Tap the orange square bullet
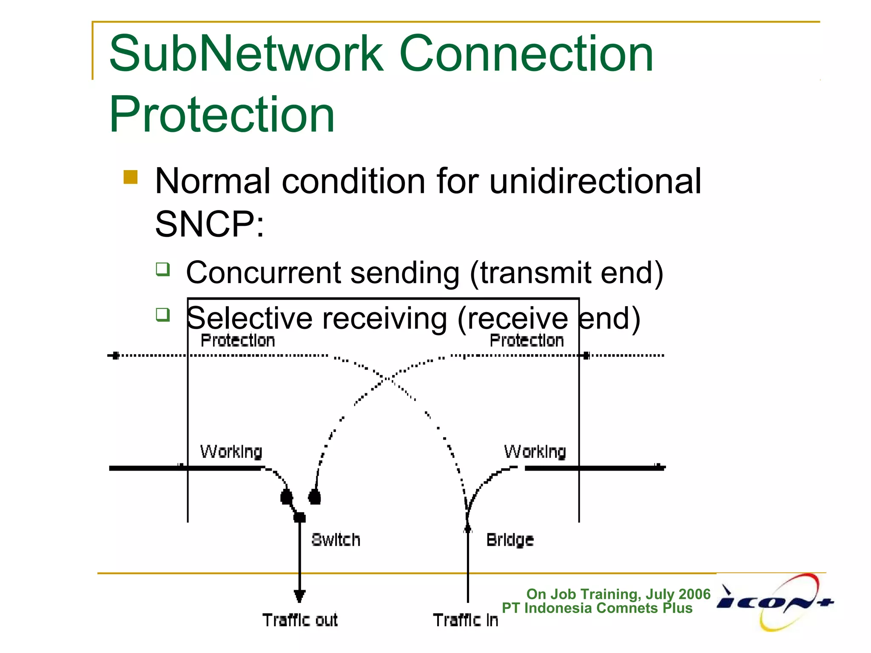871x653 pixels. (x=131, y=177)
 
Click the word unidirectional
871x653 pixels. (x=595, y=182)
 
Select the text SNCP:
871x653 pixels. (x=209, y=224)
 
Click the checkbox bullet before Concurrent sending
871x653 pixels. (x=163, y=269)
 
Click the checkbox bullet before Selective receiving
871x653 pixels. (x=163, y=315)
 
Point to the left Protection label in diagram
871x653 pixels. (x=237, y=341)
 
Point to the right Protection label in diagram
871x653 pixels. (x=527, y=341)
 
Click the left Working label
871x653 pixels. (x=231, y=451)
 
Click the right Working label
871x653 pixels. (x=535, y=451)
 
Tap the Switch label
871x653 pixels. (x=336, y=540)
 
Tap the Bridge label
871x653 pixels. (x=510, y=540)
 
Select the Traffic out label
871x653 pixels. (x=300, y=620)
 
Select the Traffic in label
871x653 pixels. (x=465, y=620)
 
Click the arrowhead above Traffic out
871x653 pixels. (x=299, y=595)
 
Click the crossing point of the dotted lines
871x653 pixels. (x=387, y=378)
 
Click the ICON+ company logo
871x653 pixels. (x=775, y=602)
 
